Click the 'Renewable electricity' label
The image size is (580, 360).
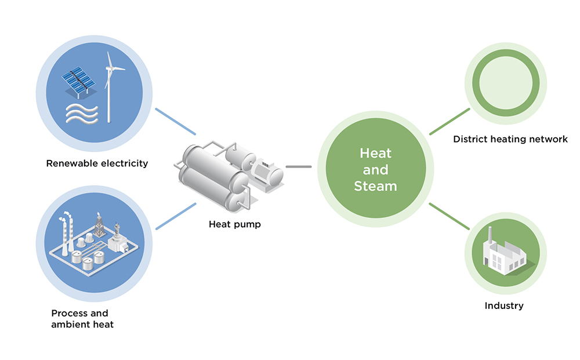[x=97, y=163]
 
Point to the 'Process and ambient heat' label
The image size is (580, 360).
[x=82, y=319]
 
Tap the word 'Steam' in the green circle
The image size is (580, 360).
[x=375, y=186]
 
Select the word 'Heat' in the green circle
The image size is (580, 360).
[x=375, y=154]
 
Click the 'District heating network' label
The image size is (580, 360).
[x=510, y=139]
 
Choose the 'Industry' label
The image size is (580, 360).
[x=504, y=306]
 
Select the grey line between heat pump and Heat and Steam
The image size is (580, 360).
[x=299, y=167]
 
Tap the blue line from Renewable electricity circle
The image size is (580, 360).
[x=175, y=121]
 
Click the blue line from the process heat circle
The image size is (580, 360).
[x=176, y=216]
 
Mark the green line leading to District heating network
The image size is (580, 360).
[x=449, y=121]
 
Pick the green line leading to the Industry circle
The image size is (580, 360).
[x=449, y=216]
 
